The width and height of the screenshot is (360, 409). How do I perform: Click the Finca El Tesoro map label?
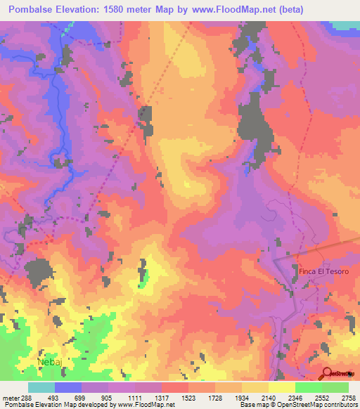324,271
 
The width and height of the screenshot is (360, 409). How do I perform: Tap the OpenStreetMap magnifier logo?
328,373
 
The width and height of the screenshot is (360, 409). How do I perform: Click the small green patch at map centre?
146,275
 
